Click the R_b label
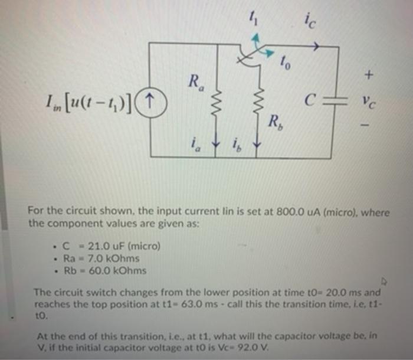(x=274, y=123)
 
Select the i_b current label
(x=238, y=143)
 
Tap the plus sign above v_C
(x=369, y=75)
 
